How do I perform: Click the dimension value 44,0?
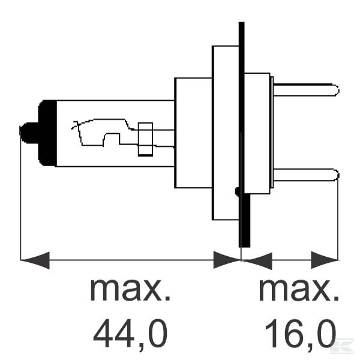tap(130, 333)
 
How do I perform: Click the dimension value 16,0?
tap(298, 333)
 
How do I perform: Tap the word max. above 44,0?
tap(130, 290)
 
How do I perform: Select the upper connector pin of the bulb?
tap(306, 91)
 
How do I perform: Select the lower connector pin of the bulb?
tap(306, 175)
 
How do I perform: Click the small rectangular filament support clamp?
tap(145, 139)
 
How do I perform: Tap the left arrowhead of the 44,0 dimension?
tap(35, 260)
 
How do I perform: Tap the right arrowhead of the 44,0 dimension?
tap(227, 260)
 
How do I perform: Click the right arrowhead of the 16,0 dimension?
tap(325, 260)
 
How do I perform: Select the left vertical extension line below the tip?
tap(20, 204)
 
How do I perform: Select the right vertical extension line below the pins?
tap(338, 222)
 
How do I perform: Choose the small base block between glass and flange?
tap(193, 133)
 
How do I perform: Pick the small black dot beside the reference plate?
tap(238, 192)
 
